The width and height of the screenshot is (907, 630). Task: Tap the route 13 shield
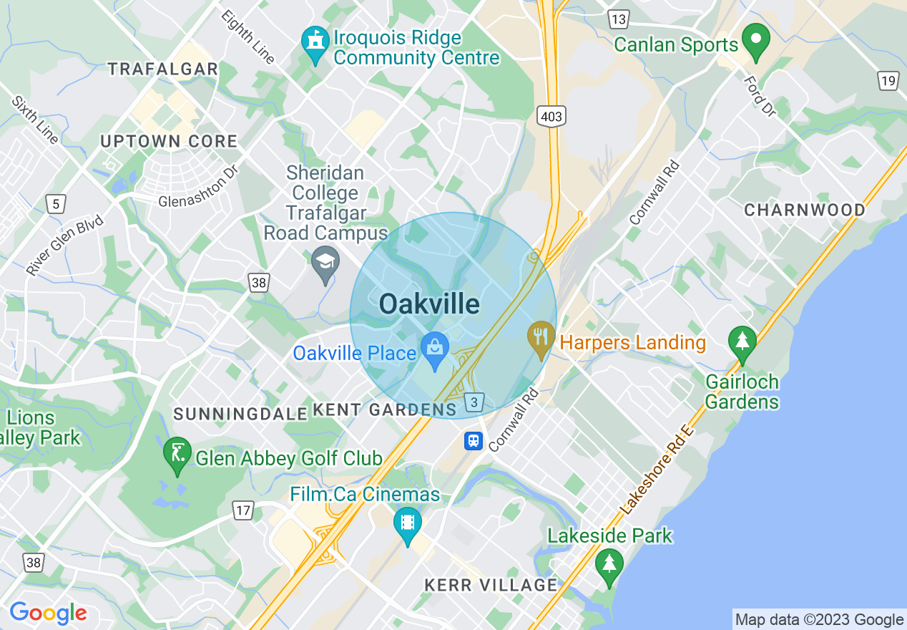(618, 19)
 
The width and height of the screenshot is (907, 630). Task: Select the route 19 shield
(888, 80)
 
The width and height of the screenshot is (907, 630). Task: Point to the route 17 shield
(243, 510)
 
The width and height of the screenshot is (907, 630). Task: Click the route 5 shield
(55, 205)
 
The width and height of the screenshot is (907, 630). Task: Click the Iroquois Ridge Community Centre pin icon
(315, 44)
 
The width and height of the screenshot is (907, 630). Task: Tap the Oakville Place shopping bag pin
(434, 350)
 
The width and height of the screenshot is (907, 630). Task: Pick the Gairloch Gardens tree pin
(742, 343)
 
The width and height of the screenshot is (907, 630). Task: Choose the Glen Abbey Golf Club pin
(177, 455)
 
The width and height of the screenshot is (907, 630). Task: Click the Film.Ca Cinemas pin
(408, 525)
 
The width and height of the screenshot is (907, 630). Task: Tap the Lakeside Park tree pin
(609, 566)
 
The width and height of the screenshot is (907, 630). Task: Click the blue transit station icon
(474, 441)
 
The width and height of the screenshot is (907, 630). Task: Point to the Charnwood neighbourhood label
(805, 210)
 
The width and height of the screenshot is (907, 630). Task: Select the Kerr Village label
(491, 585)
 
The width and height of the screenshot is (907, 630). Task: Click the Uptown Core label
(169, 142)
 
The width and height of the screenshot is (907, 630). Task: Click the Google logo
(48, 613)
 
